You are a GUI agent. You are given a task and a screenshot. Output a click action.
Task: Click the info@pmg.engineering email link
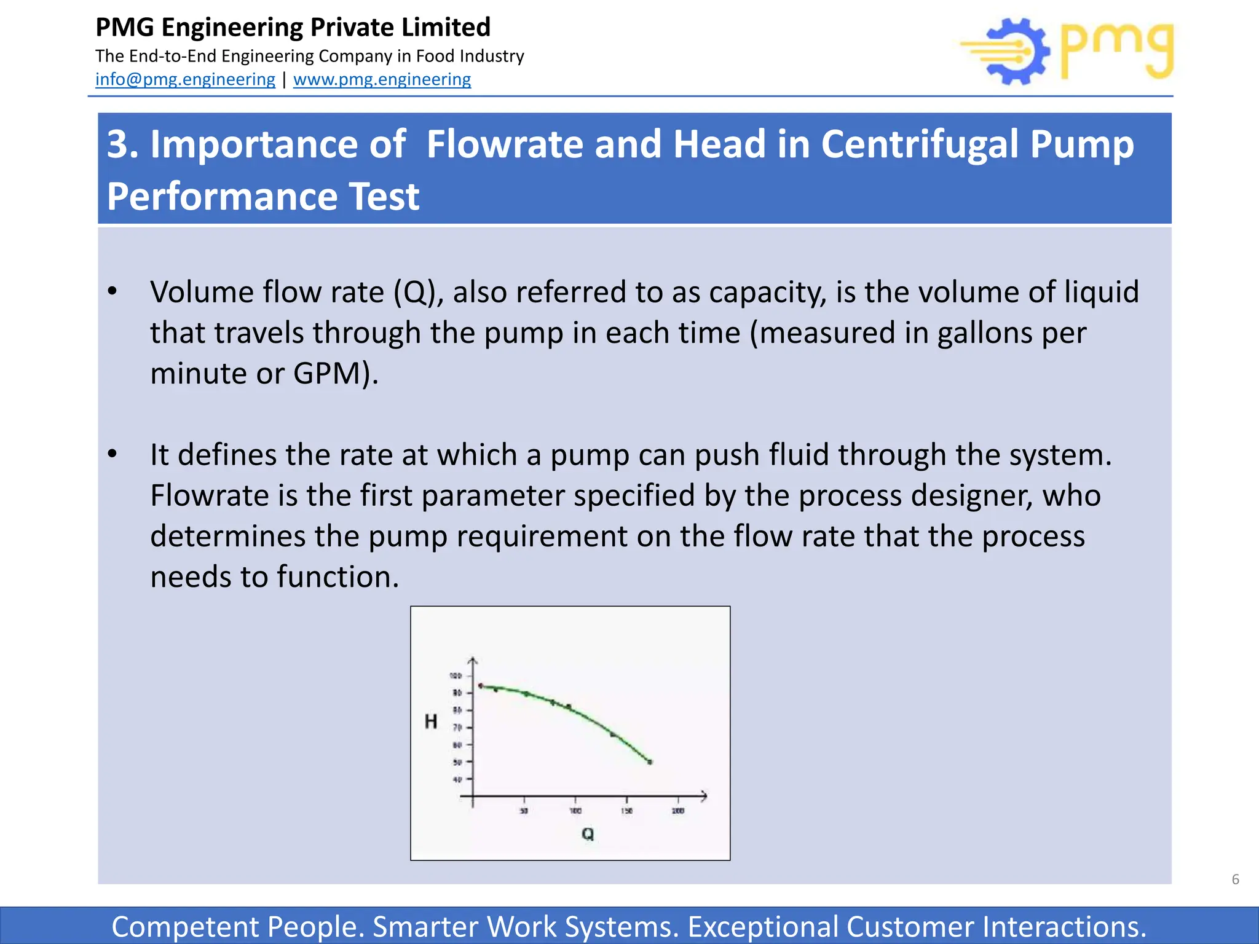(185, 79)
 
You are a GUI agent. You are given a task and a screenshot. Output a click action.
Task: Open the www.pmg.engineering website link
(382, 79)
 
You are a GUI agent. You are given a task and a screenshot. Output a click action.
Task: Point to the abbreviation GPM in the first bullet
(328, 373)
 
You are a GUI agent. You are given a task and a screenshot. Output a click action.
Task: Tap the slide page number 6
(1235, 879)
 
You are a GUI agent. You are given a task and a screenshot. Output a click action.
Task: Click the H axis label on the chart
(431, 722)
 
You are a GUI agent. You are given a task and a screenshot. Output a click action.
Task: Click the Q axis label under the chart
(588, 834)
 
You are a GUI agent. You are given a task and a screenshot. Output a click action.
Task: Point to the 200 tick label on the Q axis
(678, 811)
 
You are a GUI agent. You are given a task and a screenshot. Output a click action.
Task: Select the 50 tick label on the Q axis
(524, 811)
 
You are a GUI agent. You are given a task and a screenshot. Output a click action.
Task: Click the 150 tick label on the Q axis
(626, 811)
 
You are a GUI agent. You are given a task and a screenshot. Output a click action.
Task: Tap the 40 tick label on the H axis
(457, 779)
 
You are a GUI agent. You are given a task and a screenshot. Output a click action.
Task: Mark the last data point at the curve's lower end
(650, 762)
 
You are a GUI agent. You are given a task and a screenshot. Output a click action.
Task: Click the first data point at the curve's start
(481, 686)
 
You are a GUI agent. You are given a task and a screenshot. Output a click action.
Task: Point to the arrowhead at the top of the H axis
(473, 661)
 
